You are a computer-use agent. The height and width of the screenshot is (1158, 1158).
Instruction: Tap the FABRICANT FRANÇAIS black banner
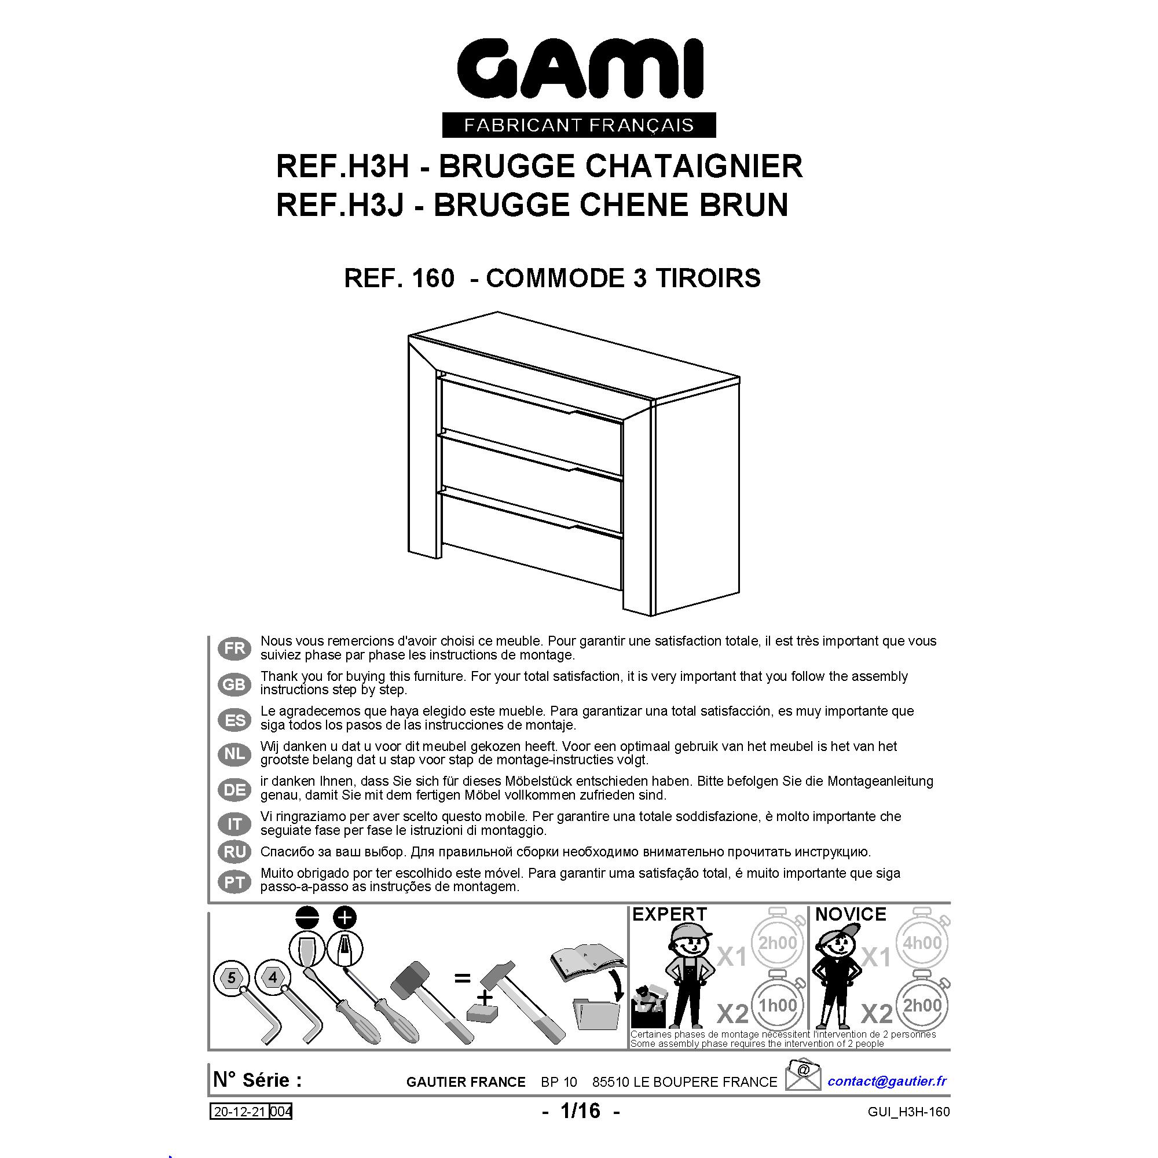(579, 124)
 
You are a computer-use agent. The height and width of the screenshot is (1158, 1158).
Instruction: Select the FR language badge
(234, 648)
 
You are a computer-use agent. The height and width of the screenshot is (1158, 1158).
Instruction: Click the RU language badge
(234, 851)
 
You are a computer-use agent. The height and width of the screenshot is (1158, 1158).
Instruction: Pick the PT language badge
(234, 882)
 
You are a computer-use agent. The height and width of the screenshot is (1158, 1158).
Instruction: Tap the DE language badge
(234, 789)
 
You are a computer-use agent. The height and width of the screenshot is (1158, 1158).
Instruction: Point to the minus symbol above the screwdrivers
(306, 918)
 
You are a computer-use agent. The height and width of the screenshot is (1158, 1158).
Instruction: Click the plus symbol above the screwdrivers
(345, 917)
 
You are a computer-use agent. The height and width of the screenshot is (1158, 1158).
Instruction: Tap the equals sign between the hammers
(462, 978)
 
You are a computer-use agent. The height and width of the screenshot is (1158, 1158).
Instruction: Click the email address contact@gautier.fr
(887, 1080)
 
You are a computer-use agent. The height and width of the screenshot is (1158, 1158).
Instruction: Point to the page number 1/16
(580, 1111)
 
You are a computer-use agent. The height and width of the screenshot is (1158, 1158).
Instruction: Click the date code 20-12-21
(240, 1112)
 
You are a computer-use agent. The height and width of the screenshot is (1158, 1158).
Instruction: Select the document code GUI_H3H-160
(908, 1112)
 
